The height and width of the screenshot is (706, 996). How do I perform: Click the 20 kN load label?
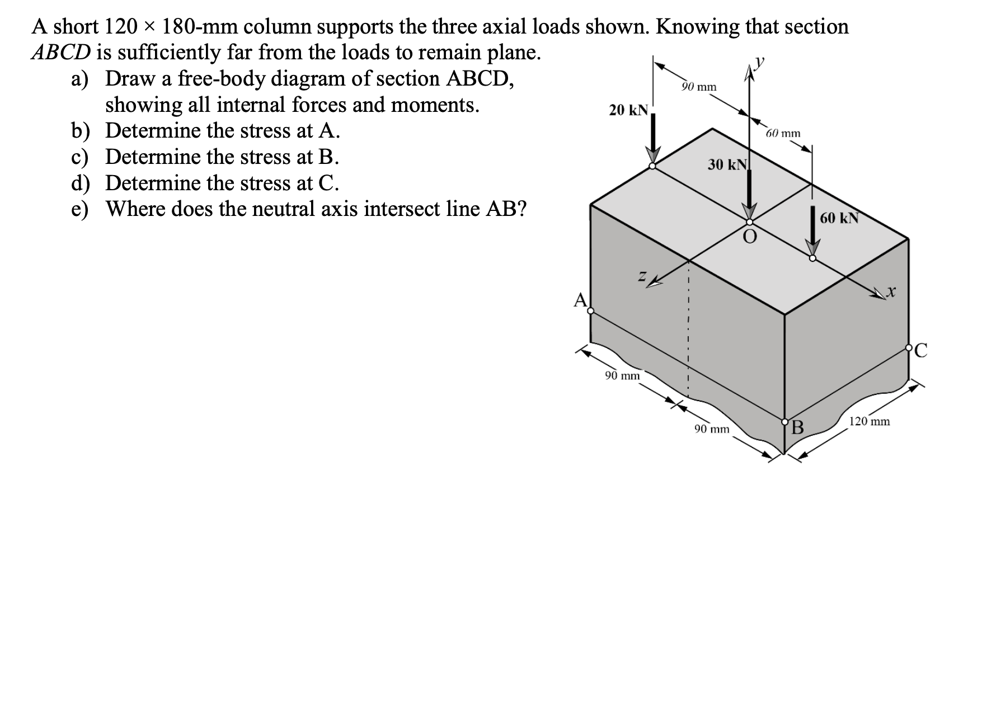pos(628,110)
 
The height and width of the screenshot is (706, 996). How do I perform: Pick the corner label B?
pos(797,429)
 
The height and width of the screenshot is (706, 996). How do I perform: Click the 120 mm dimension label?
pos(869,421)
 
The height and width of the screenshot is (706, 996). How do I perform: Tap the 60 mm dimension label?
pos(783,134)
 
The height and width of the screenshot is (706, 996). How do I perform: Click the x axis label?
pos(891,291)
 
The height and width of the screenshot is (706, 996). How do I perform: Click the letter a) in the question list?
pos(80,79)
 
